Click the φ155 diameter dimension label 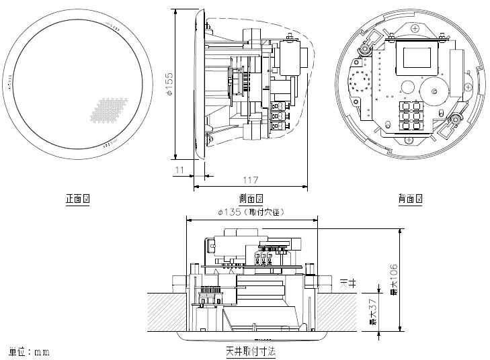170,84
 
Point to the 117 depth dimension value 250,180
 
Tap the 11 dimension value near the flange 179,170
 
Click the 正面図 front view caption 77,199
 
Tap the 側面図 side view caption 251,199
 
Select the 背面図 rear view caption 409,199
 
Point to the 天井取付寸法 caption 251,351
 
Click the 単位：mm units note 29,351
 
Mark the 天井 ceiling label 348,283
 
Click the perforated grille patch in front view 108,109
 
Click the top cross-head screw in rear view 415,28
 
